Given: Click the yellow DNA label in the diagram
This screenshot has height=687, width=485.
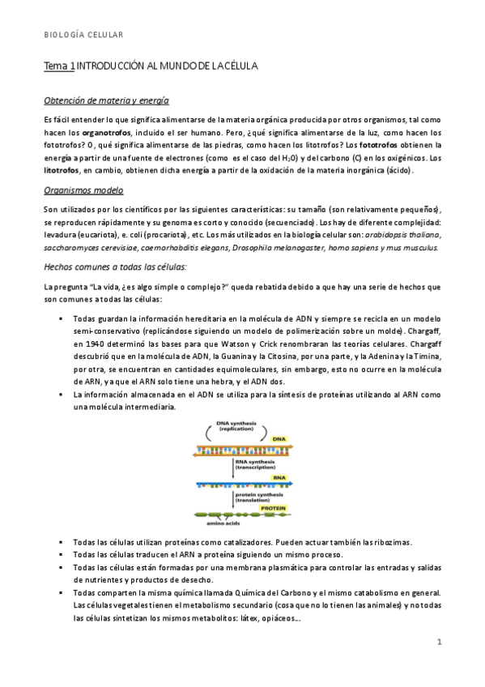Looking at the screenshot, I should pos(277,438).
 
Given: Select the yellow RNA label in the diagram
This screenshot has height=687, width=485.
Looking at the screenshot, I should pos(277,477).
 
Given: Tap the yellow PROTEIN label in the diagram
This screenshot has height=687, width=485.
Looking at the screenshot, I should pos(273,508).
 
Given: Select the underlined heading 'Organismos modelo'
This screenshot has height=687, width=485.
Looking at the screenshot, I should pos(83,191).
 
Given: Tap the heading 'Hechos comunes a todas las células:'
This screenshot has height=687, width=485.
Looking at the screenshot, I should pos(116,267).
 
